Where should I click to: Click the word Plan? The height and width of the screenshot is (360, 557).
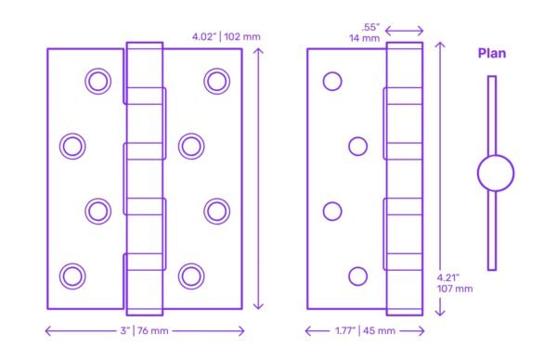click(x=492, y=53)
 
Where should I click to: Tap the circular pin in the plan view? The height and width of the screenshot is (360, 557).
click(x=495, y=174)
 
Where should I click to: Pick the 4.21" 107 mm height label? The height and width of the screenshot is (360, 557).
click(x=454, y=283)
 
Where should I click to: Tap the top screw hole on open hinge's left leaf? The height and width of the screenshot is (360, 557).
click(x=97, y=82)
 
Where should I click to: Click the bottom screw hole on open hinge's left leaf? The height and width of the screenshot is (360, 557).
click(x=71, y=275)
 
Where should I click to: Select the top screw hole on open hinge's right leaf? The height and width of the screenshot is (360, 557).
click(x=216, y=82)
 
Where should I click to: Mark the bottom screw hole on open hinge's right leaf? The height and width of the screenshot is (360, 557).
click(x=191, y=275)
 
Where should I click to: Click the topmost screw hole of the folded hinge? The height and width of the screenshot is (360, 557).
click(x=332, y=82)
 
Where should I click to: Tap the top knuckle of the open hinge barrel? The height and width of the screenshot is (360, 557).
click(x=144, y=64)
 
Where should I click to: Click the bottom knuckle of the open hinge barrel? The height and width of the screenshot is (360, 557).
click(x=144, y=290)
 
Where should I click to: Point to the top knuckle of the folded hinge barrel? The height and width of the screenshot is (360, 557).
click(x=405, y=64)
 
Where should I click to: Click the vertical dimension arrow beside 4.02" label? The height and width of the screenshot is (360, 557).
click(x=259, y=176)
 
